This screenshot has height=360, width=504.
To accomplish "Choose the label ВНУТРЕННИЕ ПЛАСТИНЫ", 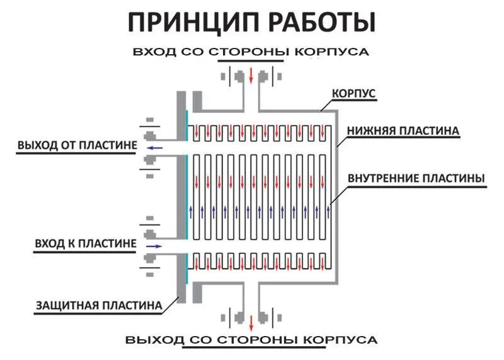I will point(416,178).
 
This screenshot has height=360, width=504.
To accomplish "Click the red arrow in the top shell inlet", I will point(251,76).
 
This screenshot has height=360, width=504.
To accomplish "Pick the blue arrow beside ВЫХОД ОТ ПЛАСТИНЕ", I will point(154,148).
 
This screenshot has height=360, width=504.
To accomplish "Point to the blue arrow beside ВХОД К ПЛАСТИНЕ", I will point(154,245).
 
